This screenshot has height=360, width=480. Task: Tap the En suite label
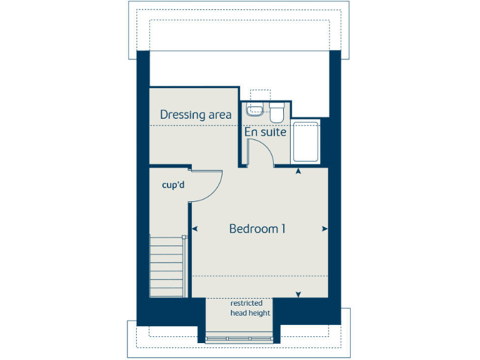pyautogui.click(x=266, y=132)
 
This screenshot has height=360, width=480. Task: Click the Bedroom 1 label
pyautogui.click(x=257, y=229)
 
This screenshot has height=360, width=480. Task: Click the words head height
pyautogui.click(x=250, y=313)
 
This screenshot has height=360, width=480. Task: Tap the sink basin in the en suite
pyautogui.click(x=255, y=112)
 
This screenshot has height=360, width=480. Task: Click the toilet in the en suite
pyautogui.click(x=277, y=113)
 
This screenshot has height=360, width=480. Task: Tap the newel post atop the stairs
pyautogui.click(x=184, y=237)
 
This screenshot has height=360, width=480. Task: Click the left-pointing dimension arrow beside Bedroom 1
pyautogui.click(x=195, y=229)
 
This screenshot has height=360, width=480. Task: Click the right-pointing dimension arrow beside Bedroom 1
pyautogui.click(x=324, y=229)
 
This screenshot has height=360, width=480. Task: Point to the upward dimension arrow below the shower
pyautogui.click(x=298, y=171)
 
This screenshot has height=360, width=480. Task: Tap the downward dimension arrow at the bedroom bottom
pyautogui.click(x=298, y=294)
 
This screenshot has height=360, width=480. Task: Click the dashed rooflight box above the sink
pyautogui.click(x=259, y=94)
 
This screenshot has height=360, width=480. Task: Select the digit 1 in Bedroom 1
pyautogui.click(x=282, y=229)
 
